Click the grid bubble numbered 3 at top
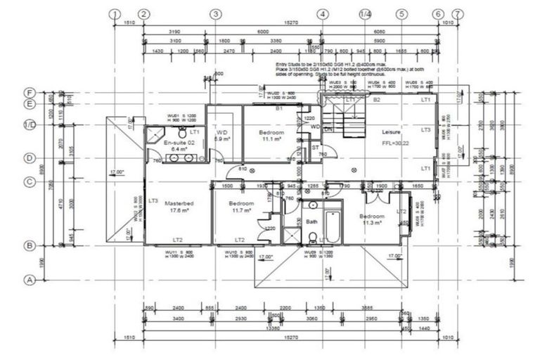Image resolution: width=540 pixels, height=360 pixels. [216, 13]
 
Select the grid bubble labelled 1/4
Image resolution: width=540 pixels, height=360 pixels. [365, 13]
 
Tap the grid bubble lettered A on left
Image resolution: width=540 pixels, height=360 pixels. [30, 279]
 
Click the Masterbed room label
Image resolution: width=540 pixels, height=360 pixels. [179, 203]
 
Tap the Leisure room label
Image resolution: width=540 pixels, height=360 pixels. [391, 132]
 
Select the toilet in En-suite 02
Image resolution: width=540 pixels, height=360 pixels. [182, 132]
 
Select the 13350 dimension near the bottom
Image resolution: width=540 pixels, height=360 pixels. [267, 327]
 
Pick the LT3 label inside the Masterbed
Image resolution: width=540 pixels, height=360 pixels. [153, 200]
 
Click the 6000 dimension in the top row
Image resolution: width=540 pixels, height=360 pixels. [263, 32]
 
